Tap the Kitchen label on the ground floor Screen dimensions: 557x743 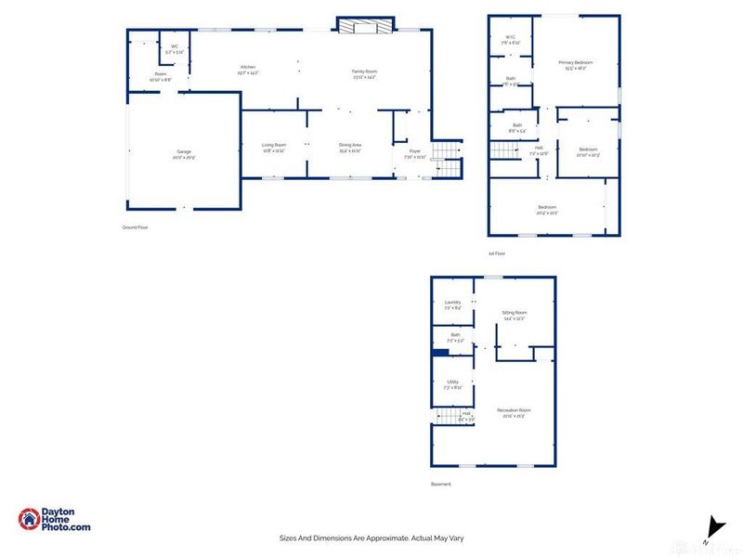coord(248,68)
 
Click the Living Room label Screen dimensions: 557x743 coord(273,145)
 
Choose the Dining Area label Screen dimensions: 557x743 coord(349,145)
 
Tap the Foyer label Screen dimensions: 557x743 coord(414,150)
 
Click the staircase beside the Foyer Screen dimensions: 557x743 coord(449,158)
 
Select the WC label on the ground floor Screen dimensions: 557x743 coord(175,46)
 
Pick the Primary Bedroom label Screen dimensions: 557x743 coord(575,62)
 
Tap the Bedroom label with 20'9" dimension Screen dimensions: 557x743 coord(546,206)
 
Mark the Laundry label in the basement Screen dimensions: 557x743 coord(453,302)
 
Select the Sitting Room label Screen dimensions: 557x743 coord(514,313)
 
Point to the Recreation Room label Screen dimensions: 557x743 coord(514,409)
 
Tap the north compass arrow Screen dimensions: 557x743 coord(712,525)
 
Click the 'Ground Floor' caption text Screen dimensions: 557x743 coord(136,227)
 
